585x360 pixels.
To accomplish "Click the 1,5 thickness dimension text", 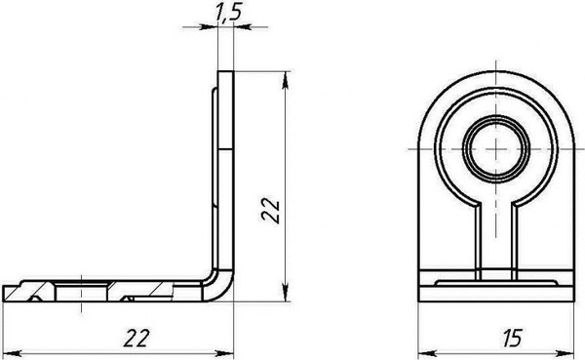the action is tap(229, 12).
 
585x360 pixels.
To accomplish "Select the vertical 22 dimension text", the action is tap(271, 211).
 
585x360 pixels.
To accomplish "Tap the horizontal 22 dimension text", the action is tap(136, 339).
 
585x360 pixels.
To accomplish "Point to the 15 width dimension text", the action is tap(512, 339).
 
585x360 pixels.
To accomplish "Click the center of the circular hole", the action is tap(495, 148).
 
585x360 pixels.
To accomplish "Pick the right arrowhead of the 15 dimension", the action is tap(565, 353).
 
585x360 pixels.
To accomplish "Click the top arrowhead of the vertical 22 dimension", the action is tap(286, 80).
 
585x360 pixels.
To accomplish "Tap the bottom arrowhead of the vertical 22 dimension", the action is tap(286, 293).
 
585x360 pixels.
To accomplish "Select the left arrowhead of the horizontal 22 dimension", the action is tap(12, 353).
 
